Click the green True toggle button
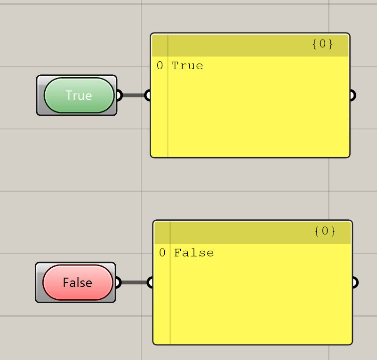pyautogui.click(x=79, y=95)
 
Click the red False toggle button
pyautogui.click(x=78, y=282)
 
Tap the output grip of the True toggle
pyautogui.click(x=120, y=95)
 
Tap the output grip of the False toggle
pyautogui.click(x=119, y=282)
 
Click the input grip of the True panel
pyautogui.click(x=148, y=95)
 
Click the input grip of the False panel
pyautogui.click(x=150, y=282)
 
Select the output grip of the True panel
pyautogui.click(x=353, y=95)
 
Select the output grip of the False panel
pyautogui.click(x=355, y=282)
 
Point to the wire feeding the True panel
pyautogui.click(x=134, y=96)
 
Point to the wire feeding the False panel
pyautogui.click(x=134, y=282)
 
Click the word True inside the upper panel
pyautogui.click(x=187, y=65)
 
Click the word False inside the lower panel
pyautogui.click(x=194, y=253)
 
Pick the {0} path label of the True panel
pyautogui.click(x=322, y=44)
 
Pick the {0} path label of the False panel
pyautogui.click(x=325, y=231)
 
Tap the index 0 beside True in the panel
pyautogui.click(x=160, y=65)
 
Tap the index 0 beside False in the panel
pyautogui.click(x=162, y=253)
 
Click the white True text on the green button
pyautogui.click(x=79, y=96)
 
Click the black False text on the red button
pyautogui.click(x=78, y=282)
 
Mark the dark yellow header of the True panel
pyautogui.click(x=250, y=46)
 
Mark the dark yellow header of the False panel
pyautogui.click(x=252, y=233)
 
